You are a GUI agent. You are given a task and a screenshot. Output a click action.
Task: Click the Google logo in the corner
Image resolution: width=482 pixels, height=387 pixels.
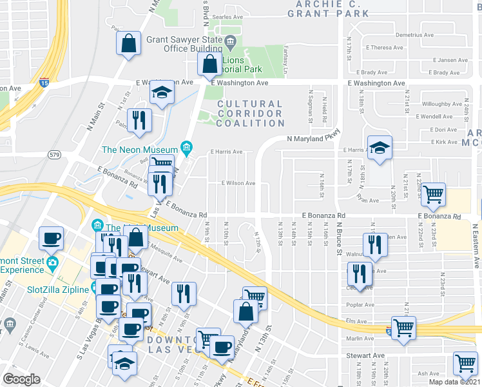pyautogui.click(x=21, y=379)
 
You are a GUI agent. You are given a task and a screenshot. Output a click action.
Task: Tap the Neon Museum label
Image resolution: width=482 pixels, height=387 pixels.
pyautogui.click(x=140, y=150)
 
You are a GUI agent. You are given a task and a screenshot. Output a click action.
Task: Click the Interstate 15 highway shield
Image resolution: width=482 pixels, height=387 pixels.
pyautogui.click(x=44, y=83)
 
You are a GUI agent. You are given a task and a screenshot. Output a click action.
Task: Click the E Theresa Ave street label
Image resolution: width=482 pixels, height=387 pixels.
pyautogui.click(x=385, y=47)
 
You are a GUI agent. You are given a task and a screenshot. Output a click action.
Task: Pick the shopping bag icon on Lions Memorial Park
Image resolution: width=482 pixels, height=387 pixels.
pyautogui.click(x=209, y=64)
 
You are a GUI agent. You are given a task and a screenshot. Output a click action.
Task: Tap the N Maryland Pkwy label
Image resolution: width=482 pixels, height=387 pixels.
pyautogui.click(x=313, y=138)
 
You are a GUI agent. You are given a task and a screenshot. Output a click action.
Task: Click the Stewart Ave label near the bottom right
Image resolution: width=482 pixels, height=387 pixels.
pyautogui.click(x=365, y=355)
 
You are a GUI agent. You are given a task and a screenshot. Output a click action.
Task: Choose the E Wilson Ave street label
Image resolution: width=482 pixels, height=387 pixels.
pyautogui.click(x=238, y=183)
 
